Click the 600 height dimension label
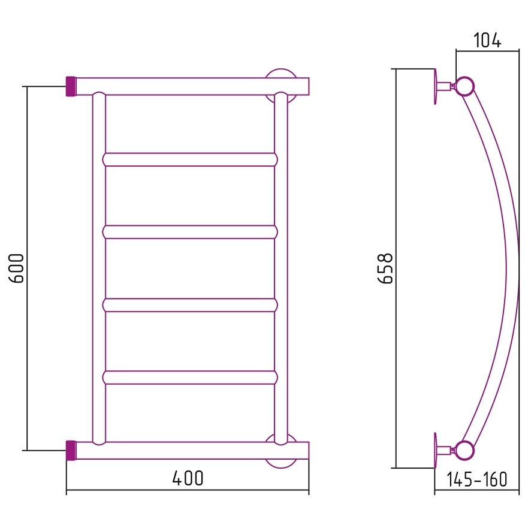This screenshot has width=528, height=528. [x=16, y=268]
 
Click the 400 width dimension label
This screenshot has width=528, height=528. [x=188, y=478]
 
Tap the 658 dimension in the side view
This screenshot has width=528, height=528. [x=385, y=268]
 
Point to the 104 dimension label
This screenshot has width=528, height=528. [x=487, y=40]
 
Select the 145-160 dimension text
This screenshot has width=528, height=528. [x=476, y=479]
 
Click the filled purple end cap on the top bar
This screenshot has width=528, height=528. [x=72, y=86]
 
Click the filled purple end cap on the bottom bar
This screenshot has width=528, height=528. [x=72, y=450]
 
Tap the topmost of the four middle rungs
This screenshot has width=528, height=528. [x=190, y=159]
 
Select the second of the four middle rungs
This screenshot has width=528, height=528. [x=190, y=232]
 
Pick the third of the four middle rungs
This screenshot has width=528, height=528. [x=190, y=305]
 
